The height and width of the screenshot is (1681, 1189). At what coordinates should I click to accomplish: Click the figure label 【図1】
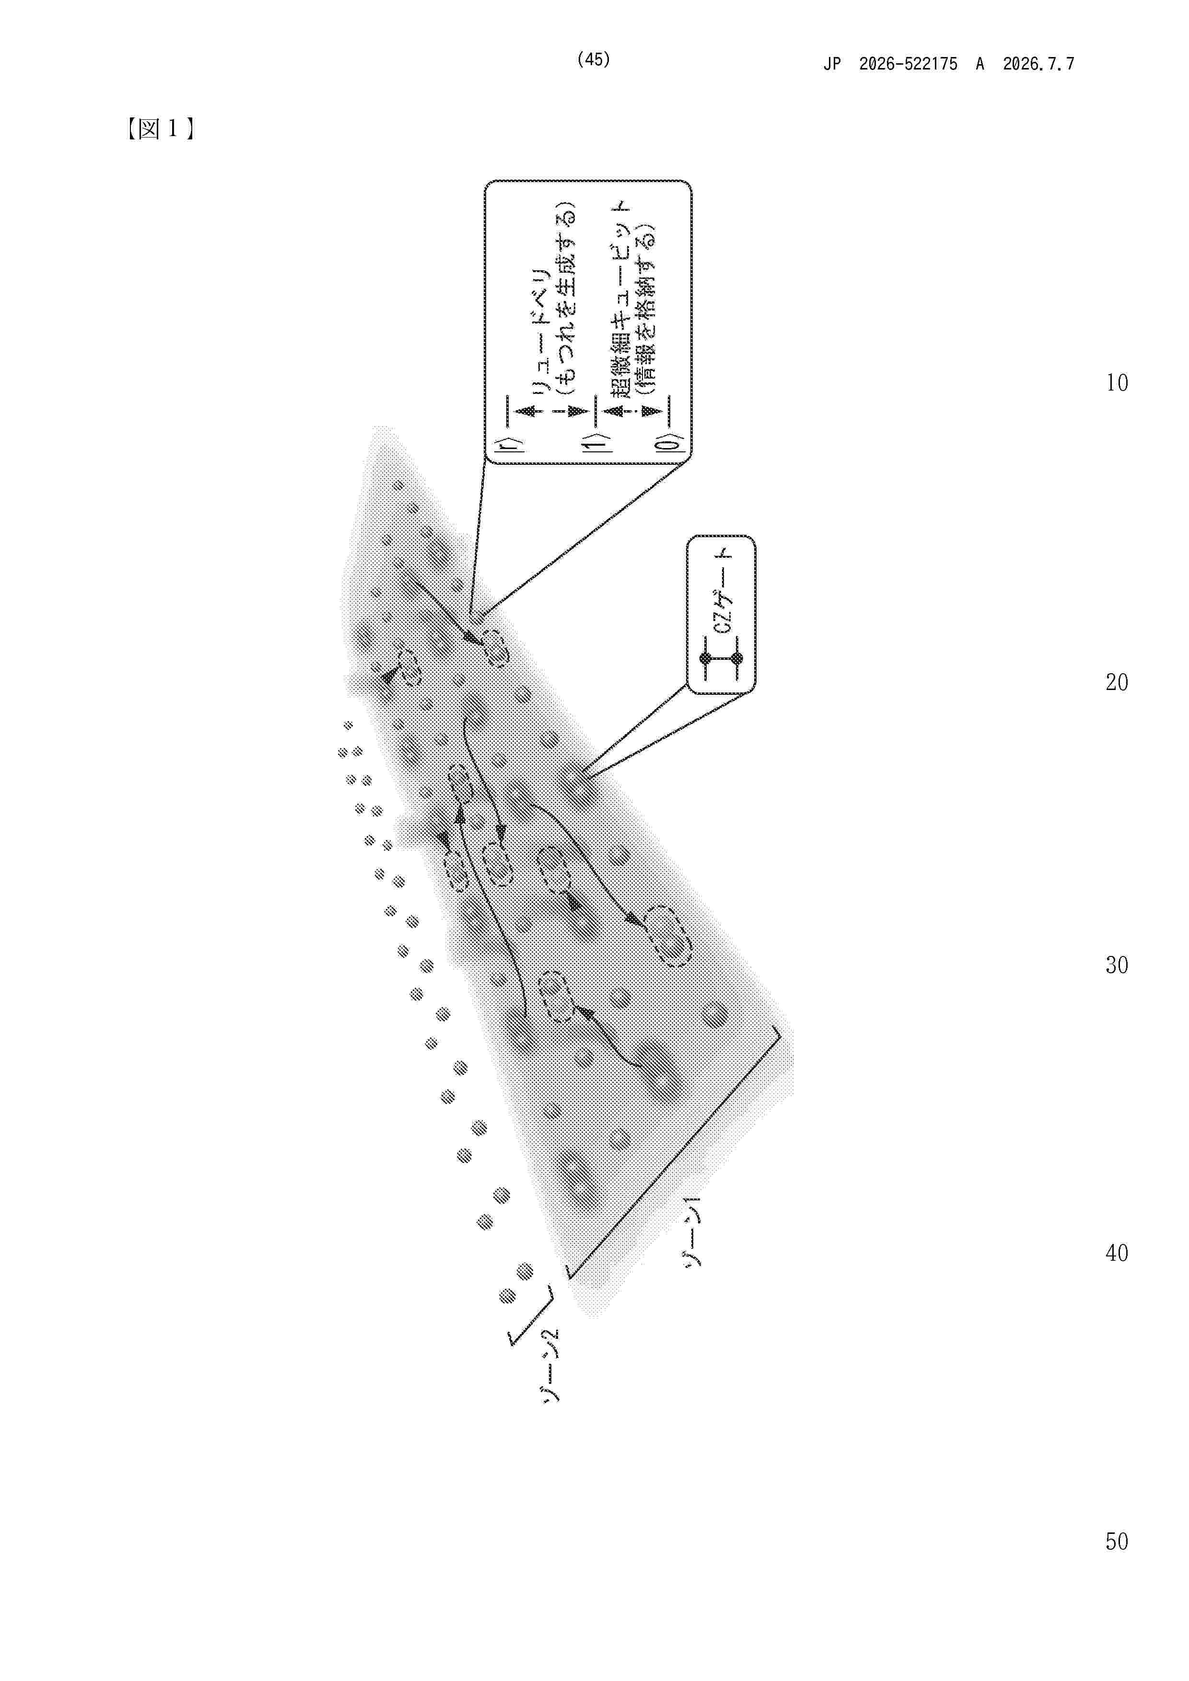160,129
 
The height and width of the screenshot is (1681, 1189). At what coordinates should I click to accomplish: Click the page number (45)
594,59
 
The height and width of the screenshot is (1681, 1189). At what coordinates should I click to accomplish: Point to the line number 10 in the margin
1117,383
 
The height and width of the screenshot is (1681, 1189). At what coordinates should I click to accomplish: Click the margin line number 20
1117,682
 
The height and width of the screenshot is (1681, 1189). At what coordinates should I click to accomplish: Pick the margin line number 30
1117,965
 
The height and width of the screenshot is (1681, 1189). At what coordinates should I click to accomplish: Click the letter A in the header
979,64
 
